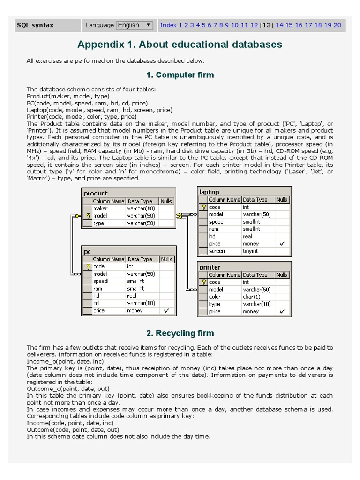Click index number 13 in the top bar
pyautogui.click(x=267, y=25)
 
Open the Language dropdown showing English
pyautogui.click(x=134, y=25)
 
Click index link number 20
pyautogui.click(x=337, y=25)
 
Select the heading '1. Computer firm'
pyautogui.click(x=180, y=75)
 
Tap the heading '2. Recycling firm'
pyautogui.click(x=180, y=333)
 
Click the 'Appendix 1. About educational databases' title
pyautogui.click(x=180, y=45)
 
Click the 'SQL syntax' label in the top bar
pyautogui.click(x=35, y=25)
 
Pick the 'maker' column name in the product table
pyautogui.click(x=100, y=209)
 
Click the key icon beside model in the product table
pyautogui.click(x=88, y=216)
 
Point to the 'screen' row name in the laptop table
pyautogui.click(x=217, y=251)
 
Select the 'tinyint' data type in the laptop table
pyautogui.click(x=250, y=251)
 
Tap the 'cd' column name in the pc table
pyautogui.click(x=96, y=303)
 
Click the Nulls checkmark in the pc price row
pyautogui.click(x=166, y=311)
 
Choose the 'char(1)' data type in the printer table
pyautogui.click(x=252, y=297)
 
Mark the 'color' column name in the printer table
pyautogui.click(x=215, y=297)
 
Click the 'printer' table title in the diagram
pyautogui.click(x=210, y=267)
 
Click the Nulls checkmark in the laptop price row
pyautogui.click(x=282, y=244)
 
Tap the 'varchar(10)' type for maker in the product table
pyautogui.click(x=141, y=209)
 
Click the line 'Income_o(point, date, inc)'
pyautogui.click(x=65, y=362)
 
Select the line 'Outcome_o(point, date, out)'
pyautogui.click(x=68, y=389)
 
